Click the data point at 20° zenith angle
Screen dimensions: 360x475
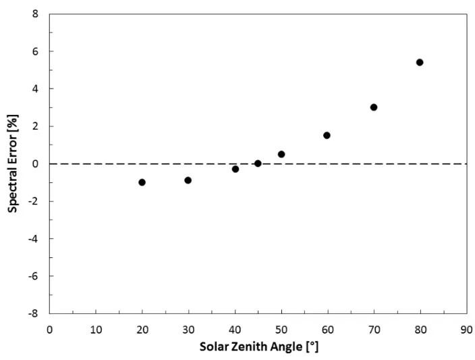142,182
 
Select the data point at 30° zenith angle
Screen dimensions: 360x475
188,180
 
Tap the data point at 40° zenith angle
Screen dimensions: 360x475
235,169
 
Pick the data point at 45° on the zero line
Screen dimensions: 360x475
258,163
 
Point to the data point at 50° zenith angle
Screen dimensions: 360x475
281,154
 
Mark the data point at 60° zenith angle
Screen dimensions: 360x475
327,135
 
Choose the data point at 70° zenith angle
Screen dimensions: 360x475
374,107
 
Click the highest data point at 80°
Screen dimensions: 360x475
420,62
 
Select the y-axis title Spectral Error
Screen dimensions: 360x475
13,163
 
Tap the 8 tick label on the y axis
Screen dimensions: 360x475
35,14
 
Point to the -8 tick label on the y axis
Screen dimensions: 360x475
33,313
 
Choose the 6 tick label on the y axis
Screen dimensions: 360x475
35,51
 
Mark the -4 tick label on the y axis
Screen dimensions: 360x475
33,238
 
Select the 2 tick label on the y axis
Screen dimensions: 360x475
35,126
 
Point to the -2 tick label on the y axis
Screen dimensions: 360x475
33,201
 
